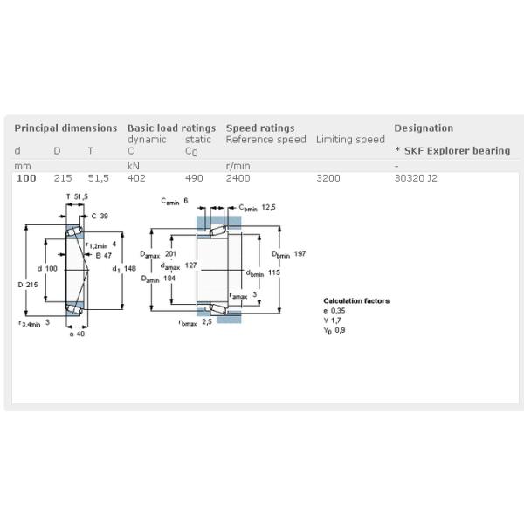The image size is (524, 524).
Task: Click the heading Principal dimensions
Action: [x=65, y=128]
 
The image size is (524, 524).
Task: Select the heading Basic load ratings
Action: [x=171, y=128]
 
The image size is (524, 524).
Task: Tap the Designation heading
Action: [x=424, y=128]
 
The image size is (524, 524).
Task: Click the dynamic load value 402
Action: [x=136, y=178]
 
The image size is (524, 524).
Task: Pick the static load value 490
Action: [x=194, y=178]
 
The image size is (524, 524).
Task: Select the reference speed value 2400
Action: [x=238, y=178]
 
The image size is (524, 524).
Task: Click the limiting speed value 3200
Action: [x=328, y=178]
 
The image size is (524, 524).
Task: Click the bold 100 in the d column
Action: [x=26, y=178]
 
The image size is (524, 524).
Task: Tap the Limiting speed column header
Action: [x=350, y=140]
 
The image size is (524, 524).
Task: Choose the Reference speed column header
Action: [x=265, y=140]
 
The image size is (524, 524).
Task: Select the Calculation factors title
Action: [x=356, y=301]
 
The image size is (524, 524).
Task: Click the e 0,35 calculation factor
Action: [x=334, y=311]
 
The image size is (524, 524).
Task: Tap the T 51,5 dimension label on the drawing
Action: [x=77, y=196]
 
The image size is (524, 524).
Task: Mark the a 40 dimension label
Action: [x=76, y=334]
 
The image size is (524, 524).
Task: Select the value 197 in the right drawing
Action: [x=300, y=253]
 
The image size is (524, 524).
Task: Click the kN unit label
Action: [x=134, y=165]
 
